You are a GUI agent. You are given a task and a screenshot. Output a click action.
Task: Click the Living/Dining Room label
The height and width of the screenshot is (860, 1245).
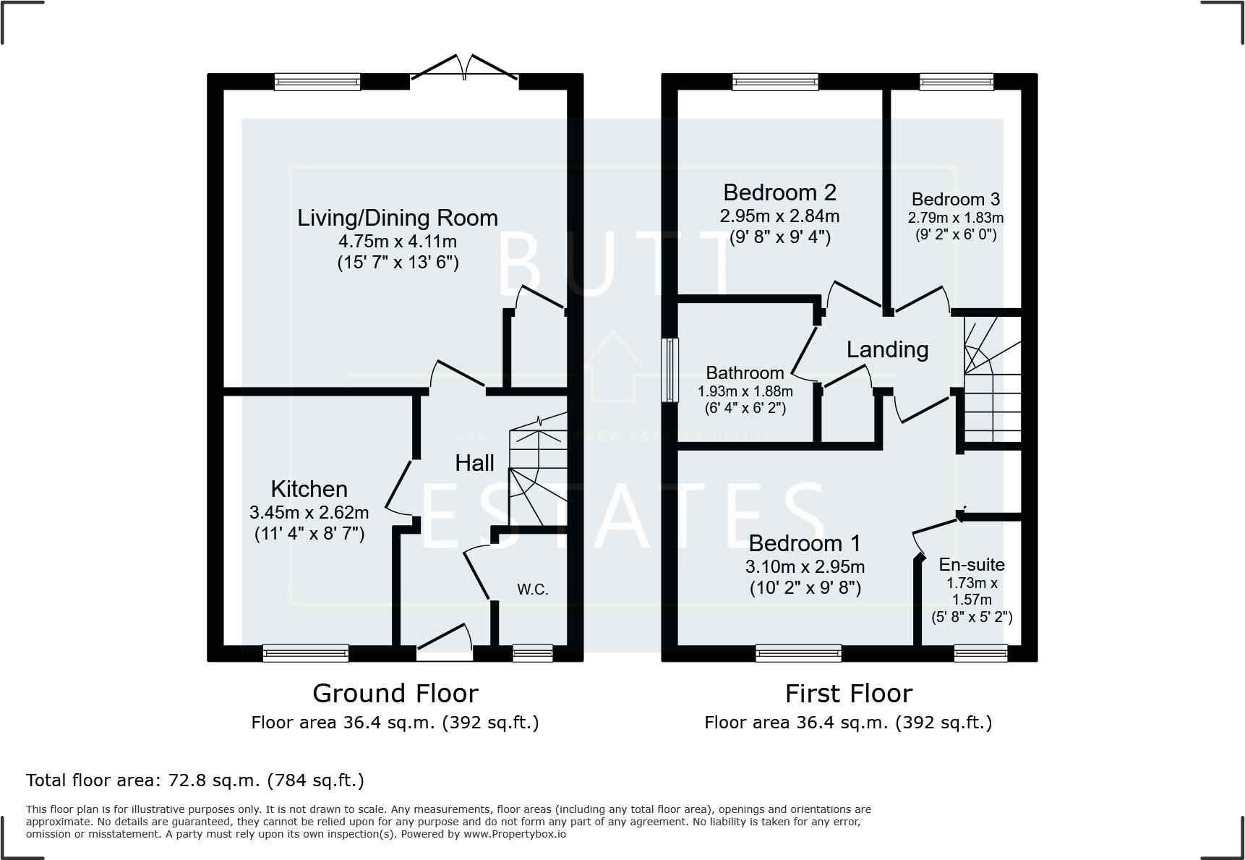[397, 218]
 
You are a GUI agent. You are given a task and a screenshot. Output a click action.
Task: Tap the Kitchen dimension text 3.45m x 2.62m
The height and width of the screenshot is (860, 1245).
[309, 513]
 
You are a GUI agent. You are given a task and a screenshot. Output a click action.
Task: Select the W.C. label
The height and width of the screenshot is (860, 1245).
[532, 589]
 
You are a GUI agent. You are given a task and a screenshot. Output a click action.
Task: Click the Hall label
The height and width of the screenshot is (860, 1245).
[474, 463]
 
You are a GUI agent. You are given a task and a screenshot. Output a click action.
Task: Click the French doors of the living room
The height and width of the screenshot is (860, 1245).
[464, 69]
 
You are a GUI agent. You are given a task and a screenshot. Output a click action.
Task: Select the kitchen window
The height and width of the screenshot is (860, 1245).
[306, 653]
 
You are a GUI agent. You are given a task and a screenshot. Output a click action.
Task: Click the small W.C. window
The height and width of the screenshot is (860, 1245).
[533, 653]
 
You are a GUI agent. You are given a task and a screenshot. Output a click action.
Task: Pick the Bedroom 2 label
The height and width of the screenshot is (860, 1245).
[779, 192]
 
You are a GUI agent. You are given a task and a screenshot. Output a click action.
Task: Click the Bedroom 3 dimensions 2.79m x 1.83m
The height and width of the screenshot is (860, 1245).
[955, 218]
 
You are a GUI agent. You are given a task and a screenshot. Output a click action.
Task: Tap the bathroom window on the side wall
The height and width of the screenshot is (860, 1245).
[671, 370]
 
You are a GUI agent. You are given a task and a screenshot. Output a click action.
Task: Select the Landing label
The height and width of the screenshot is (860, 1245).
[887, 349]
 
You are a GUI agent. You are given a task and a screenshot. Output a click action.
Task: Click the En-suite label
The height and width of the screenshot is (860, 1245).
[971, 565]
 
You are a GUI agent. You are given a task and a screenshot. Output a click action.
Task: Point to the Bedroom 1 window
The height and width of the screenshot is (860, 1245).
[798, 653]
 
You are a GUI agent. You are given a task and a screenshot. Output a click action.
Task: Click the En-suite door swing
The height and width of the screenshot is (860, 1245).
[936, 532]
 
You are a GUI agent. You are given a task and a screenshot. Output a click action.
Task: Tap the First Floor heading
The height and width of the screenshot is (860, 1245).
[848, 694]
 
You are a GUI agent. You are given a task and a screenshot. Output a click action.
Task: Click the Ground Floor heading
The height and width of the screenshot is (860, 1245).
[395, 694]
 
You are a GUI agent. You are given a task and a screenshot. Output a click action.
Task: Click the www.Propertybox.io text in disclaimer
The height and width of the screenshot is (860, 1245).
[514, 834]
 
